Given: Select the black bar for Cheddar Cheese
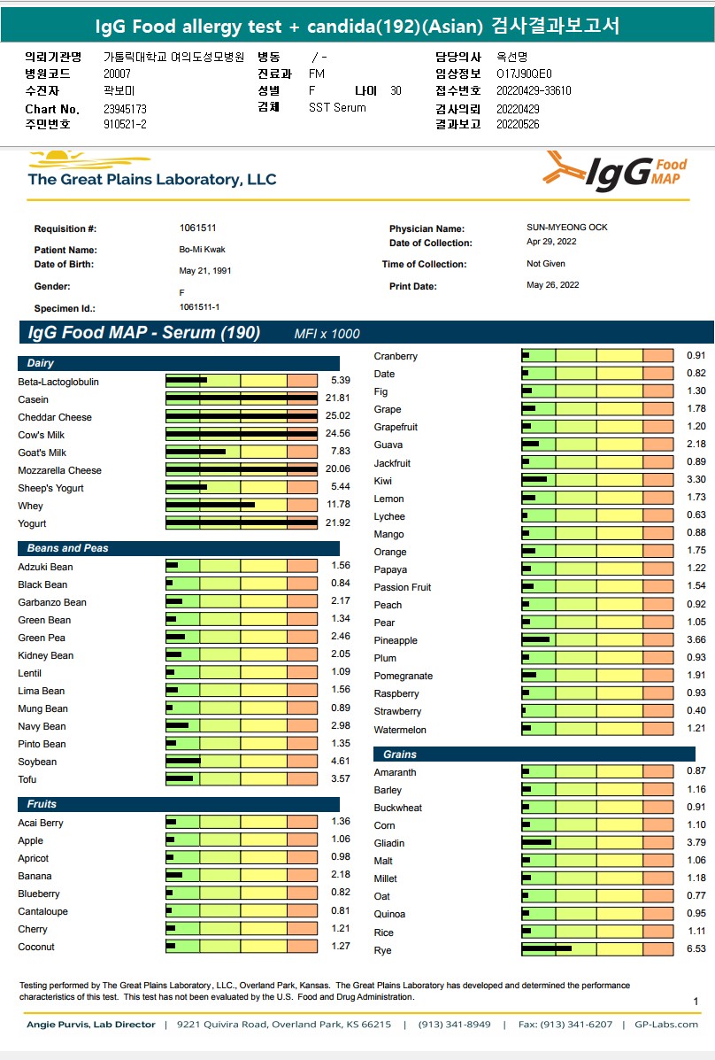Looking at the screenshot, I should click(x=241, y=416).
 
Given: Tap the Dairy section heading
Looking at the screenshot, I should click(x=41, y=363).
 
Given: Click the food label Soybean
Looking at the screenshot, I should click(x=37, y=762).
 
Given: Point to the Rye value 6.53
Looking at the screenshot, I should click(x=696, y=949).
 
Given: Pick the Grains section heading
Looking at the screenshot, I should click(x=400, y=754).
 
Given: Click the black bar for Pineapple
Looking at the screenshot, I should click(x=536, y=639).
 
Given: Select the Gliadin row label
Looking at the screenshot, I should click(x=389, y=843).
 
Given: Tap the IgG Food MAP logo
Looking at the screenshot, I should click(x=616, y=170).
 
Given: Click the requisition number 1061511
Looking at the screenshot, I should click(x=198, y=228).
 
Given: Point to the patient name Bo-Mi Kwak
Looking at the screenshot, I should click(x=202, y=250).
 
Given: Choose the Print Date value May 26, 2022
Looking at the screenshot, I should click(x=552, y=285).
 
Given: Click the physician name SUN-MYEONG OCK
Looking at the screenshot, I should click(x=567, y=228).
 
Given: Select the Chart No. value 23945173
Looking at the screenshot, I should click(x=125, y=109).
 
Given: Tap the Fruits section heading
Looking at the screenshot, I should click(x=42, y=804).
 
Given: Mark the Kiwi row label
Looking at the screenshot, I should click(x=383, y=481).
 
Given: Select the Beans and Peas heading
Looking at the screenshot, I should click(x=67, y=548).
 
